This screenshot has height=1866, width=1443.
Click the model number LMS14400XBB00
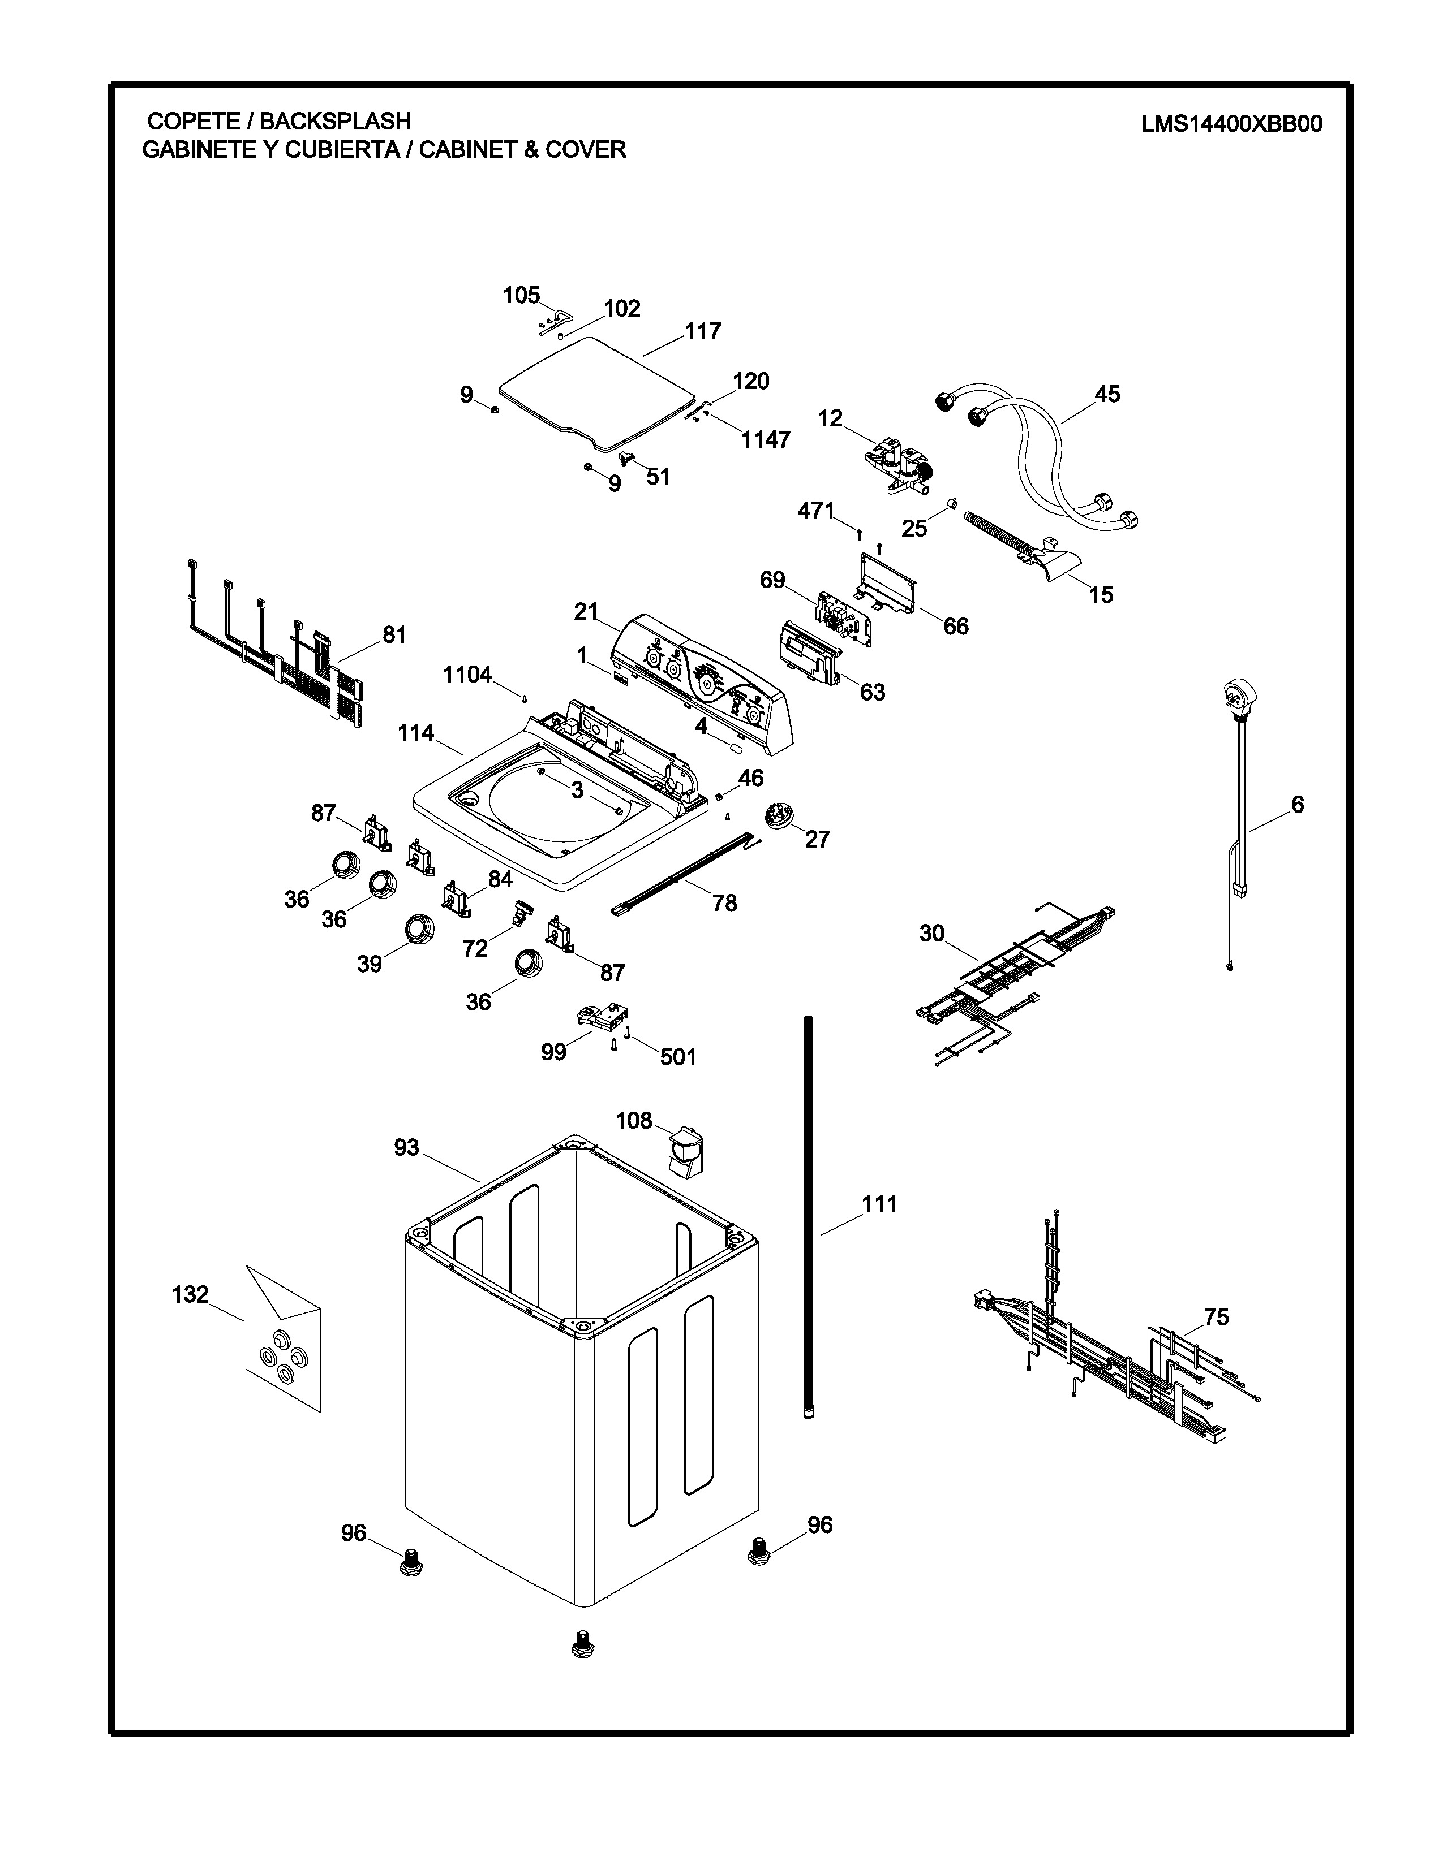(1231, 125)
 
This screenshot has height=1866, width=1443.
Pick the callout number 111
(879, 1204)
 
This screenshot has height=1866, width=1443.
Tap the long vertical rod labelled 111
(808, 1213)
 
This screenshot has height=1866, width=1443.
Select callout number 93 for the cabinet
(407, 1147)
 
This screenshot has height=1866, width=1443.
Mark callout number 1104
(467, 675)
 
